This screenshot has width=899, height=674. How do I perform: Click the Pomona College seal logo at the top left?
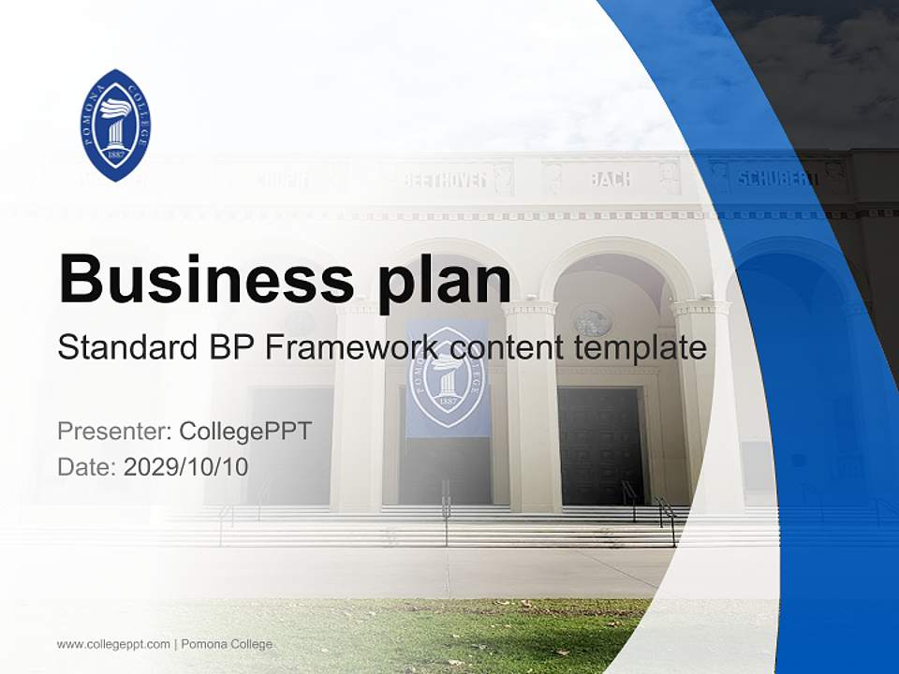[x=116, y=125]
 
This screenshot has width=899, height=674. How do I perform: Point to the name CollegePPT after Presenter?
[x=244, y=432]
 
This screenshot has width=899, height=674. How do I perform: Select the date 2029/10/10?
[x=186, y=466]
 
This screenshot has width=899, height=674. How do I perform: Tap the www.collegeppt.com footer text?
[x=113, y=644]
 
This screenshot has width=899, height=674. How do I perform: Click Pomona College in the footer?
[x=227, y=644]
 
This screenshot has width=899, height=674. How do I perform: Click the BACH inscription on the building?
[x=610, y=178]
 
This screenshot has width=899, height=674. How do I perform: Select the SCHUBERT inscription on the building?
[x=776, y=178]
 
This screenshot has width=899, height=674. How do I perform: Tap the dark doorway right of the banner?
[x=600, y=445]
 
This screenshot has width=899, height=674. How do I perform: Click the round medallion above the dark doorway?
[x=592, y=320]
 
